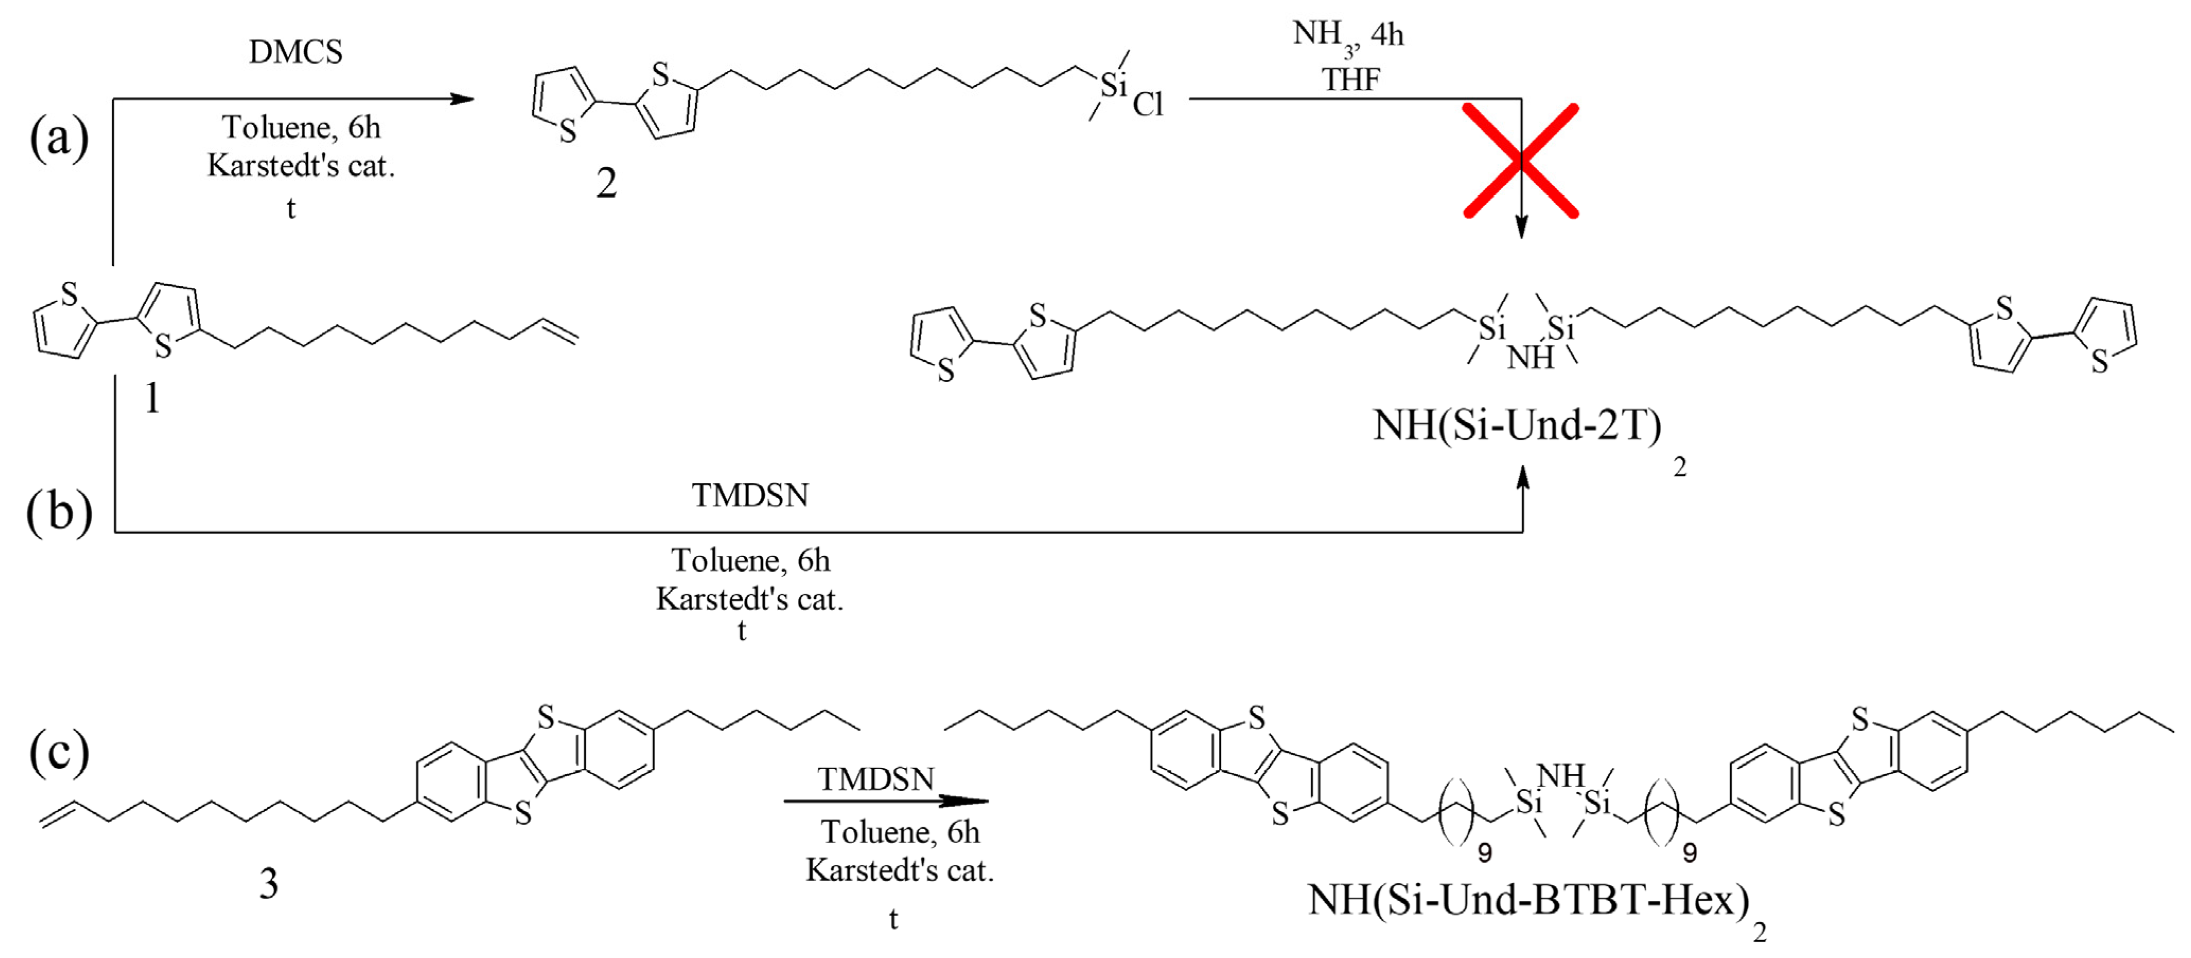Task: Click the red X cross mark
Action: [1521, 161]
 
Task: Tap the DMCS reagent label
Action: [295, 52]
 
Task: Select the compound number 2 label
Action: [606, 183]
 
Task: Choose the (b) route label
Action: [59, 513]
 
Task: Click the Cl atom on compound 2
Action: [1147, 104]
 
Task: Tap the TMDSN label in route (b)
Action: [749, 495]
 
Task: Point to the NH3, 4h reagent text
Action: [1347, 35]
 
